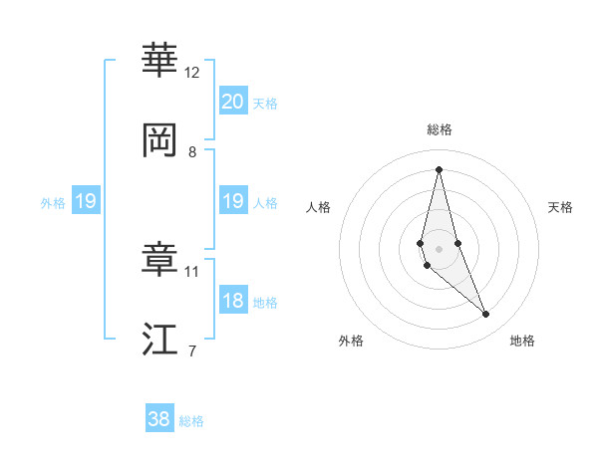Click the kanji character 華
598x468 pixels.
pos(159,60)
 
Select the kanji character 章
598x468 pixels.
pos(159,259)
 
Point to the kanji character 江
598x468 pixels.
pos(159,339)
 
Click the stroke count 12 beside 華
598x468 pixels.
pos(192,73)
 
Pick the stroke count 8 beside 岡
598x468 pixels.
pos(192,152)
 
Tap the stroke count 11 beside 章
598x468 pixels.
pos(192,271)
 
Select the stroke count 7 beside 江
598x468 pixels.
pos(192,351)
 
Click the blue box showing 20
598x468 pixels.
pos(232,102)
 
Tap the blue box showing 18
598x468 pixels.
pos(232,301)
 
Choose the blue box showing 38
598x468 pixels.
pos(159,419)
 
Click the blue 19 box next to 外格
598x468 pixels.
pos(85,201)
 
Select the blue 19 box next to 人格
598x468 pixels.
pos(232,201)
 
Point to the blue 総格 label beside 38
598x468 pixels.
pos(191,421)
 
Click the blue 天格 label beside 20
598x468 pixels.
pos(265,104)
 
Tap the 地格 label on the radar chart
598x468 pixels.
pos(522,341)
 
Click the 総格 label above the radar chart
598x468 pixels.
pos(439,129)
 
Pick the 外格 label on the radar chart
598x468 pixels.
pos(351,341)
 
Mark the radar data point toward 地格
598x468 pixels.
pos(486,315)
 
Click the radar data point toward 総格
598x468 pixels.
pos(439,169)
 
